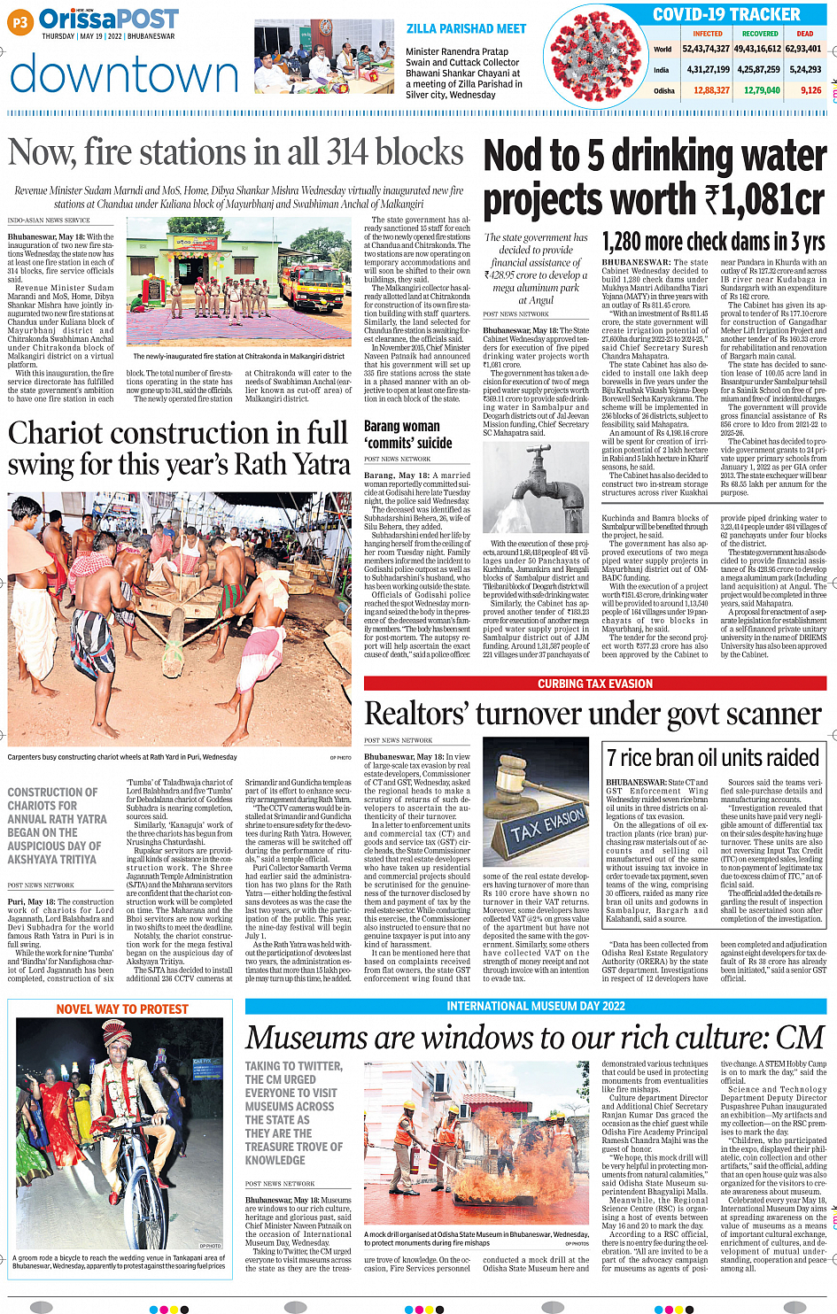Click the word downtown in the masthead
point(124,74)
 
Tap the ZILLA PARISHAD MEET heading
point(466,29)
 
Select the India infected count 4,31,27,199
point(708,69)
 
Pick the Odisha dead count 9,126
point(810,90)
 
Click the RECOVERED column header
point(759,34)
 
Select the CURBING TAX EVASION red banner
point(594,684)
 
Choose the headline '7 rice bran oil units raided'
point(713,758)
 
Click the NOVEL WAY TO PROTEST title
point(122,1009)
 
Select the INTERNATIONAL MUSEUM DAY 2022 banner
point(536,1007)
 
